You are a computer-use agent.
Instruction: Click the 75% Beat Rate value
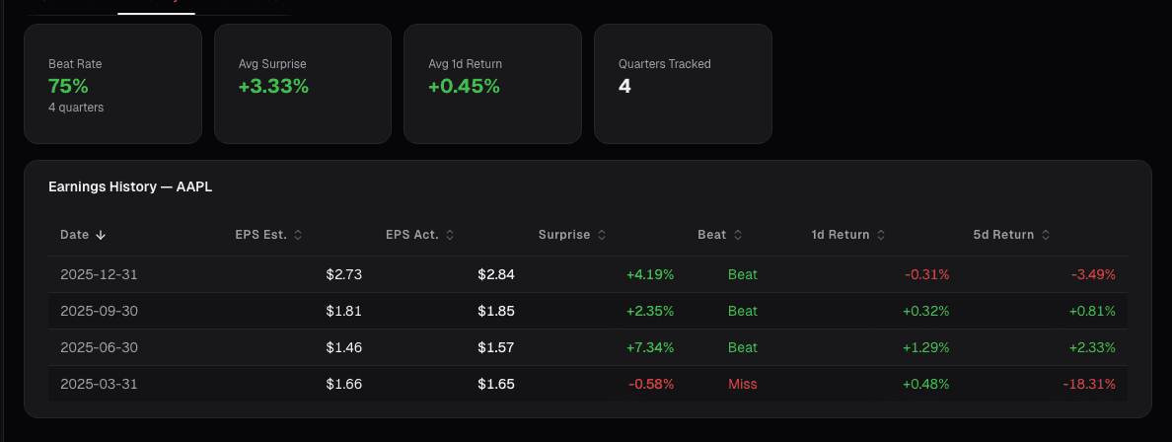(x=69, y=86)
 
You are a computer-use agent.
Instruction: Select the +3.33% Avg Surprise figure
(x=273, y=86)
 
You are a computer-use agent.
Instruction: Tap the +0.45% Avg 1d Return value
(x=464, y=86)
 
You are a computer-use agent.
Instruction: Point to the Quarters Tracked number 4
(x=624, y=86)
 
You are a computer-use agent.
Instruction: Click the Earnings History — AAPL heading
(x=130, y=186)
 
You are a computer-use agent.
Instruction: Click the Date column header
(x=75, y=235)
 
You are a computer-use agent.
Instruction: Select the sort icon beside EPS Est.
(x=298, y=235)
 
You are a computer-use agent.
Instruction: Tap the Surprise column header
(x=564, y=235)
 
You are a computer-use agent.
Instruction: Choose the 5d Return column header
(x=1003, y=235)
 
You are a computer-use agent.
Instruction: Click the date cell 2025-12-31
(x=99, y=274)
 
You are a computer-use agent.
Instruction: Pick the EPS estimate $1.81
(x=343, y=311)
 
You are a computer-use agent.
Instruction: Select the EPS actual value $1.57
(x=495, y=347)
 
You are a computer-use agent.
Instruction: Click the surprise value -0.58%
(x=650, y=384)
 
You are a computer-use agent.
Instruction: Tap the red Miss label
(x=742, y=384)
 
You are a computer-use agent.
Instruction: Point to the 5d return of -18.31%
(x=1089, y=384)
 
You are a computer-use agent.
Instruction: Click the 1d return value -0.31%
(x=926, y=274)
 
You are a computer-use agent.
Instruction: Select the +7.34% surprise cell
(x=650, y=347)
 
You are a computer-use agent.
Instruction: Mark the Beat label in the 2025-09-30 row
(x=742, y=311)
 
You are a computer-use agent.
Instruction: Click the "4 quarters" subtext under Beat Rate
(x=76, y=108)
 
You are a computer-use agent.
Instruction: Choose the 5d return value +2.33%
(x=1092, y=347)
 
